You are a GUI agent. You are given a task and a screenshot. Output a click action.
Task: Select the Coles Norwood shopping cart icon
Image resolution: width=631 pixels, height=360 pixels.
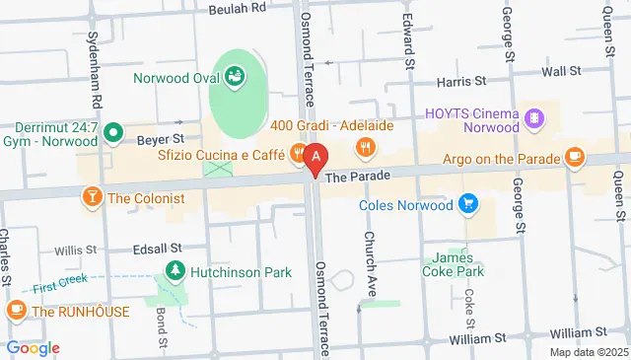pyautogui.click(x=468, y=205)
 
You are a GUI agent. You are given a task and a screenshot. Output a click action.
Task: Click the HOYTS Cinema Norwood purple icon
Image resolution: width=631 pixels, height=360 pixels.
pyautogui.click(x=533, y=118)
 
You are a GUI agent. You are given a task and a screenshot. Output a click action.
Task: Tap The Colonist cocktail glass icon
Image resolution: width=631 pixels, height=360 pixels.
pyautogui.click(x=93, y=197)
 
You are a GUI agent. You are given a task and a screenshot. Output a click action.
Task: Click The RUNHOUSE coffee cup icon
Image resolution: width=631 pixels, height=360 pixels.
pyautogui.click(x=16, y=311)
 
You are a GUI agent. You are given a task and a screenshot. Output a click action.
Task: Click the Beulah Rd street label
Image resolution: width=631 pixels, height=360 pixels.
pyautogui.click(x=237, y=7)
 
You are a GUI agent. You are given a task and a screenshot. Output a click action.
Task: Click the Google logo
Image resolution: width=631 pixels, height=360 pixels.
pyautogui.click(x=33, y=347)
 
